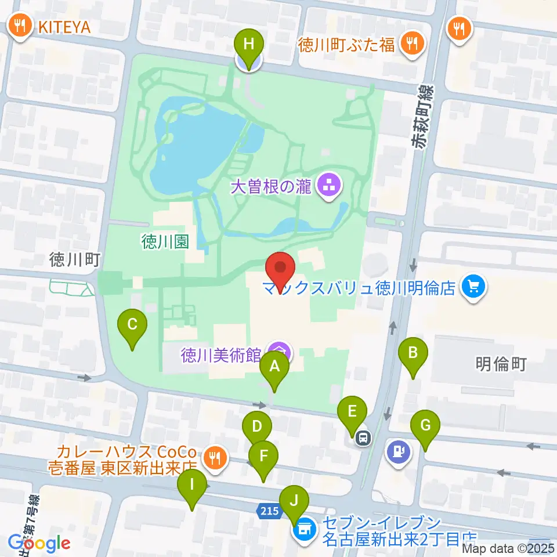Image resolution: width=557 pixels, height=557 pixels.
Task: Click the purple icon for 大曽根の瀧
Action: pos(328,186)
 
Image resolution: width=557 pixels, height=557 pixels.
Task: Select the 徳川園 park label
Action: pos(165,242)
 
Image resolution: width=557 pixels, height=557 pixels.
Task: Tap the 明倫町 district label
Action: pos(500,364)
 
